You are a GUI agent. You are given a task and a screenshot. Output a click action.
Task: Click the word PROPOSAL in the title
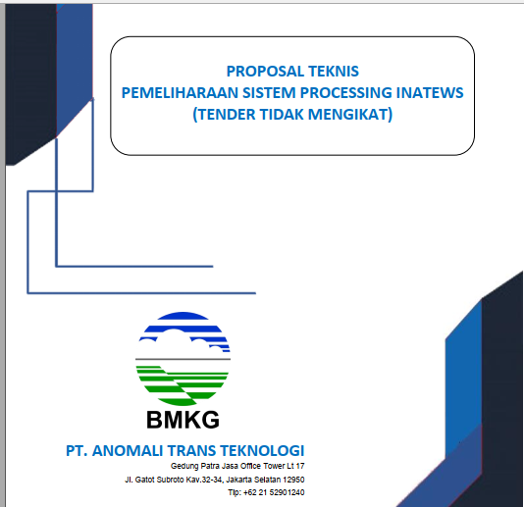click(266, 72)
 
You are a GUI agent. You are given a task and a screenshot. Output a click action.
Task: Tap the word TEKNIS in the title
click(334, 72)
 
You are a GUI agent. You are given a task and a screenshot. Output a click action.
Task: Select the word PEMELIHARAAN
click(181, 92)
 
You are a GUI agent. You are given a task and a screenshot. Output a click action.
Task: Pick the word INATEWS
click(430, 92)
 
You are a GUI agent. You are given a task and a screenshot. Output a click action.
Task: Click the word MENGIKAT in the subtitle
click(350, 114)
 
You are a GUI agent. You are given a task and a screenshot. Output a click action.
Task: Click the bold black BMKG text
click(183, 420)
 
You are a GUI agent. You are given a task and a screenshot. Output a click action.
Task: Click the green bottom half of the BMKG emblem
click(183, 384)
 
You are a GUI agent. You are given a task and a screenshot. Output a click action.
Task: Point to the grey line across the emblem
click(183, 359)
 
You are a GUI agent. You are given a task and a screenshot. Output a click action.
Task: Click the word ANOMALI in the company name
click(128, 450)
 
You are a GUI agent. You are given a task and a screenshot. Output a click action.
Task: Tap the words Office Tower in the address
click(262, 466)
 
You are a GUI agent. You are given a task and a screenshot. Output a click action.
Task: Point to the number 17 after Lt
click(300, 466)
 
